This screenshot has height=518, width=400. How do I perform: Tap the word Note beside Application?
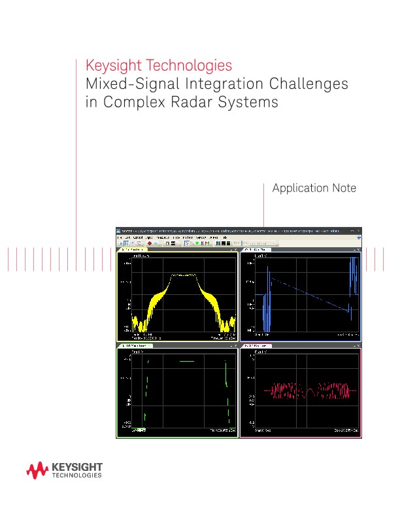(344, 188)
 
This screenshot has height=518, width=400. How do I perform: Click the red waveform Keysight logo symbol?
(37, 470)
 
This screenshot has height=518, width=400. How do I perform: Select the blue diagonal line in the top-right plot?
(307, 294)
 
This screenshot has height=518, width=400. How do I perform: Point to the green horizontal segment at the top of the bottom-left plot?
(187, 360)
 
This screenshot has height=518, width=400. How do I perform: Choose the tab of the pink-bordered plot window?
(258, 345)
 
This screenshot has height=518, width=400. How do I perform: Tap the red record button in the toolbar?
(149, 243)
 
